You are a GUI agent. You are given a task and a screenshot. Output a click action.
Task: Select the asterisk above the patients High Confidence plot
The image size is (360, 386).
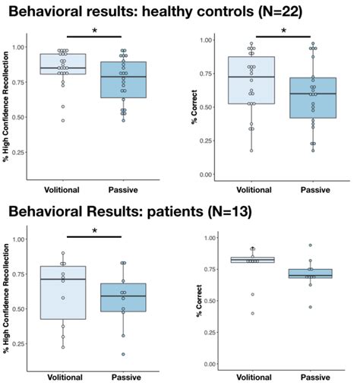[x=94, y=230]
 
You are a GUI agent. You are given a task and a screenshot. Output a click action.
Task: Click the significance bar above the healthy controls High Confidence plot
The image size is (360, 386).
[x=93, y=36]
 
